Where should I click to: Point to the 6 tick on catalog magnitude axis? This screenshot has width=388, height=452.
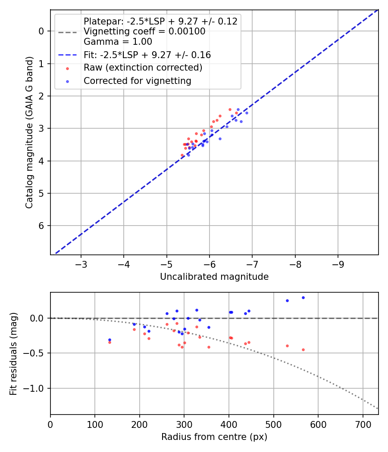(x=42, y=226)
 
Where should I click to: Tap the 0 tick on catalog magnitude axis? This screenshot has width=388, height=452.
(x=42, y=31)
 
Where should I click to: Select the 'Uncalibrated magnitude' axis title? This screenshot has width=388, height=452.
(x=214, y=277)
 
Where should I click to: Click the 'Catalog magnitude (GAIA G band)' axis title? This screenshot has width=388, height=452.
(x=29, y=132)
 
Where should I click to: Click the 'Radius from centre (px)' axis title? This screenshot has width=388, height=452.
(x=214, y=437)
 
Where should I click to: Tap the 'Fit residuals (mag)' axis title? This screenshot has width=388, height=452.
(x=13, y=353)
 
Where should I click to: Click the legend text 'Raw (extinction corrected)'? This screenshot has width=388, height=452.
(x=143, y=68)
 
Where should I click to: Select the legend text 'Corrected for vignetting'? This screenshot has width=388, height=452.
(x=138, y=80)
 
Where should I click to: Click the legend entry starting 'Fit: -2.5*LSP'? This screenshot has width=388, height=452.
(x=147, y=55)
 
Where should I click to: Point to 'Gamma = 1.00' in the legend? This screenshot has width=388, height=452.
(x=118, y=42)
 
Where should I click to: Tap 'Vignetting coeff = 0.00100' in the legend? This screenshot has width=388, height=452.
(x=144, y=31)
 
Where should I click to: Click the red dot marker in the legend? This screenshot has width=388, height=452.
(x=67, y=68)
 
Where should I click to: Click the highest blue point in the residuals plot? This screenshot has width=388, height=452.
(x=303, y=297)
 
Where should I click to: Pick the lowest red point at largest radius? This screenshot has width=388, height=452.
(x=303, y=350)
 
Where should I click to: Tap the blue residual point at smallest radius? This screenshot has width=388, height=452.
(x=110, y=340)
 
